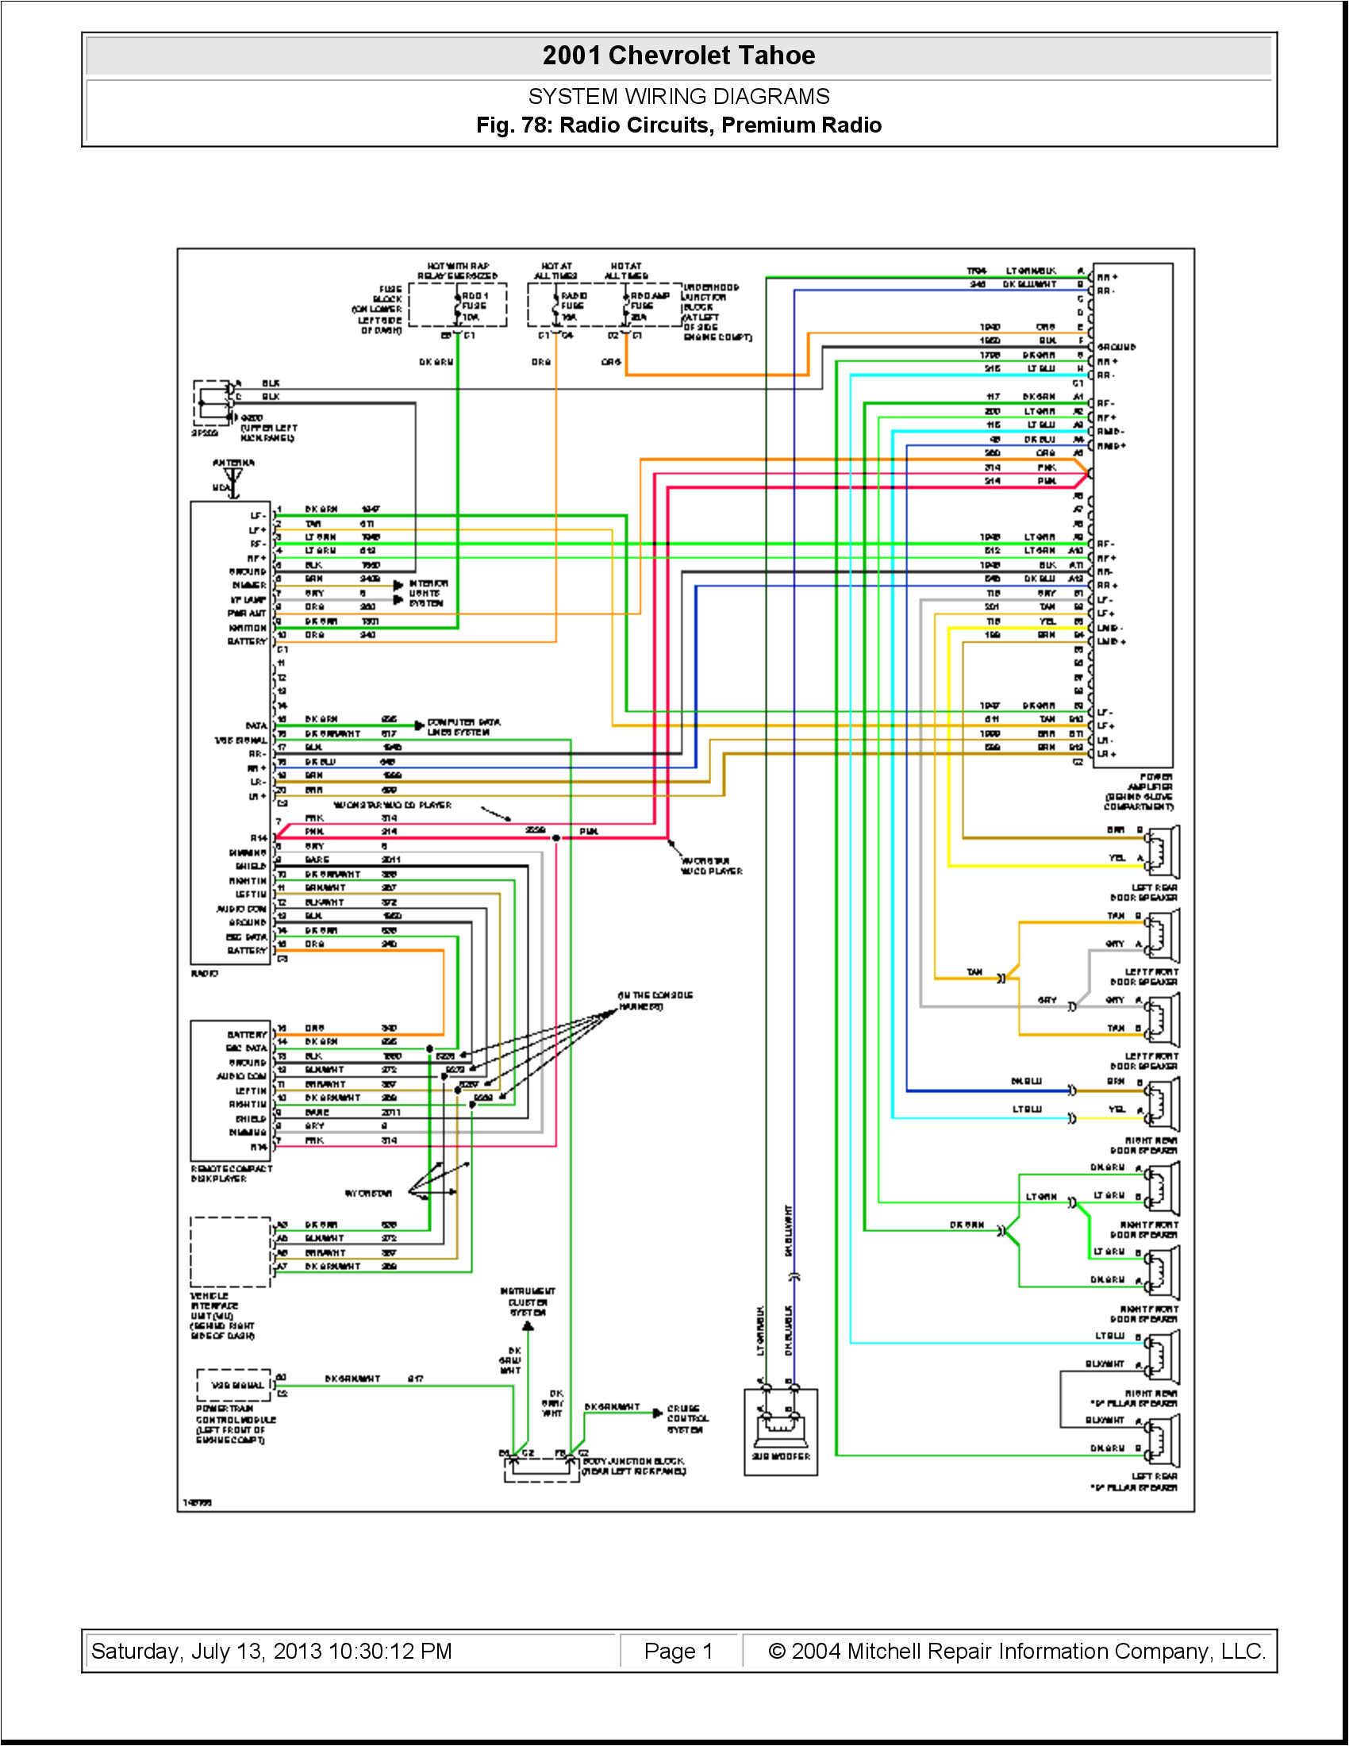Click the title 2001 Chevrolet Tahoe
(678, 56)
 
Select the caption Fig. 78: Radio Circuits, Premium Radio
(678, 125)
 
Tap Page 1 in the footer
(678, 1651)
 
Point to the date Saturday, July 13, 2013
(271, 1651)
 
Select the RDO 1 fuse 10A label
(474, 306)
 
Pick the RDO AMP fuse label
(648, 306)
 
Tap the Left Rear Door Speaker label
(1143, 893)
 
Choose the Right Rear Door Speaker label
(1143, 1144)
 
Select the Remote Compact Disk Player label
(232, 1173)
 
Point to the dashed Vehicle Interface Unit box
(231, 1252)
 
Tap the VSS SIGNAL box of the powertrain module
(236, 1385)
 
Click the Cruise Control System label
(687, 1418)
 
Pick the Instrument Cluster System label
(528, 1302)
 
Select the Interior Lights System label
(429, 593)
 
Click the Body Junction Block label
(633, 1465)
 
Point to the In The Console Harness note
(655, 1000)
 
